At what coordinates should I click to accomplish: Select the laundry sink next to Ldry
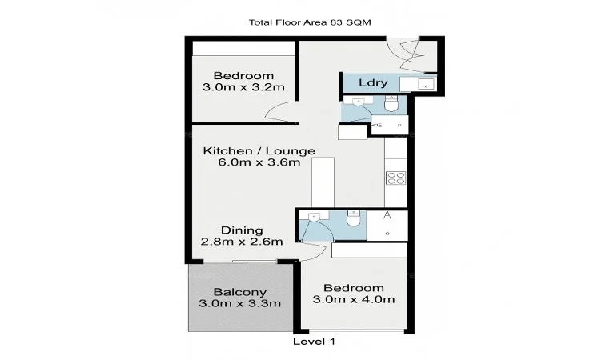[425, 83]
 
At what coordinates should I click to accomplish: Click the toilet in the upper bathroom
[391, 104]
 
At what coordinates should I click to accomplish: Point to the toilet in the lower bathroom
[353, 218]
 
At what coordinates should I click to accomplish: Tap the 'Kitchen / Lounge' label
[259, 150]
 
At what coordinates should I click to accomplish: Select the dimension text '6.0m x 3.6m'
[259, 162]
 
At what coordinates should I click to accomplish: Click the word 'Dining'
[242, 230]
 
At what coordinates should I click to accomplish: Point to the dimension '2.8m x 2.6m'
[242, 242]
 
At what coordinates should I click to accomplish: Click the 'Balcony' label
[239, 292]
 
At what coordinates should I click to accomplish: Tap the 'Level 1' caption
[315, 341]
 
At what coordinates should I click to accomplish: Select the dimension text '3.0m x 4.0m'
[353, 300]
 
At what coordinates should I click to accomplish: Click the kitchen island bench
[323, 182]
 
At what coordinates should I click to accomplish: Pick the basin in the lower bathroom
[315, 216]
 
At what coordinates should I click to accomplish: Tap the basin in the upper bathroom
[359, 102]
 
